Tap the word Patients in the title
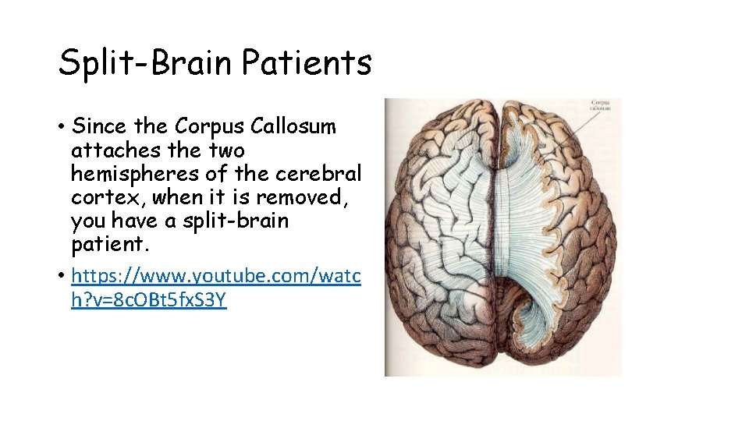[x=307, y=62]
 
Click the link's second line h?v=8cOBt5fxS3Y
[x=149, y=300]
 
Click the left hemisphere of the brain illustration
[x=437, y=234]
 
